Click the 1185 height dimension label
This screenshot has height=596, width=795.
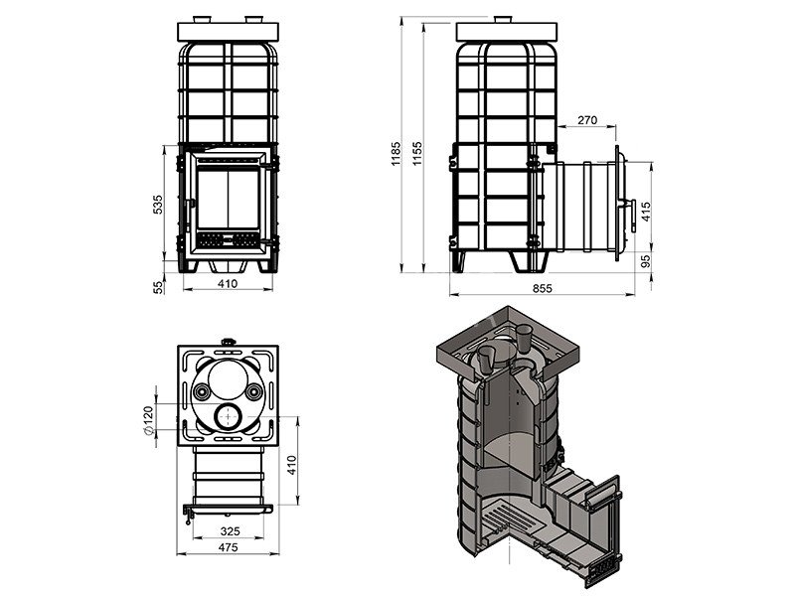(x=396, y=150)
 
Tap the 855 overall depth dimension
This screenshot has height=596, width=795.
(x=543, y=288)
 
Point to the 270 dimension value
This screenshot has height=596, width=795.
(x=586, y=120)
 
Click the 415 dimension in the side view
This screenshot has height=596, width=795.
(x=648, y=211)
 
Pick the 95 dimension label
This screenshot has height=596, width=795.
(x=648, y=261)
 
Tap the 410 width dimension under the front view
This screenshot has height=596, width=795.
(x=228, y=284)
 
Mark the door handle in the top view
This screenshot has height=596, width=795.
(x=187, y=512)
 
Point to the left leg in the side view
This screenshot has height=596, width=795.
(x=462, y=260)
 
